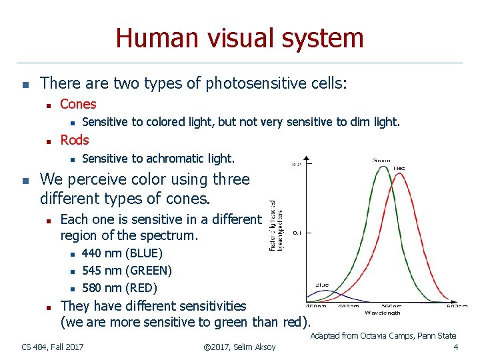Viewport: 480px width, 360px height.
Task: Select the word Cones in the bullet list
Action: click(78, 104)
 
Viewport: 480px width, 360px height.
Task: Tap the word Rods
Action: click(75, 140)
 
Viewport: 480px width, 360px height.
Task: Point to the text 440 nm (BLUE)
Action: click(122, 253)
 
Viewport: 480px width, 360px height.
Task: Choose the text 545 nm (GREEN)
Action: click(127, 271)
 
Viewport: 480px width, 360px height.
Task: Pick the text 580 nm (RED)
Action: click(119, 288)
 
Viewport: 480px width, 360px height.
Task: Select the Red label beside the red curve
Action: click(399, 168)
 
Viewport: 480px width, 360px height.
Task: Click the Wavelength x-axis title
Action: click(383, 313)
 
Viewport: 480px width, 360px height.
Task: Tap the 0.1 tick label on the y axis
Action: click(297, 233)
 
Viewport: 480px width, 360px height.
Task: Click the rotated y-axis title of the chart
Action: click(276, 226)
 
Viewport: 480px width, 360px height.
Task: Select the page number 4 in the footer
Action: click(455, 347)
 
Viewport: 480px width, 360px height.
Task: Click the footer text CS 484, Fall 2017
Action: click(53, 347)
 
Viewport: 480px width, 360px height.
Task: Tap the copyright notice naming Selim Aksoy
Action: click(237, 347)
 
